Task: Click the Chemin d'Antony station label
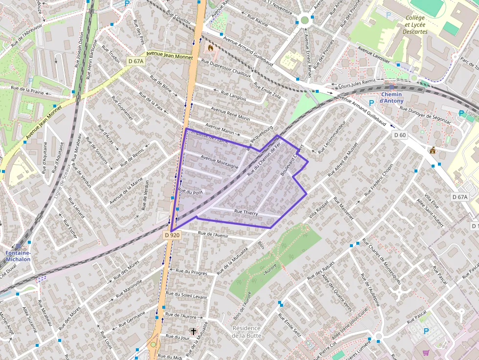coord(392,98)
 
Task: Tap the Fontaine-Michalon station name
coord(18,256)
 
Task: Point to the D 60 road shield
coord(399,135)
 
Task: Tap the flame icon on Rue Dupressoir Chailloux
coord(210,48)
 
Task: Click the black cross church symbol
coord(193,332)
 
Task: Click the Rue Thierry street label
coord(246,212)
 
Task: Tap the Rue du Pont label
coord(190,191)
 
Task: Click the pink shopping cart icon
coord(425,352)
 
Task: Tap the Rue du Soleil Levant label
coord(186,296)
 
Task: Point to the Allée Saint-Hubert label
coord(430,213)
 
